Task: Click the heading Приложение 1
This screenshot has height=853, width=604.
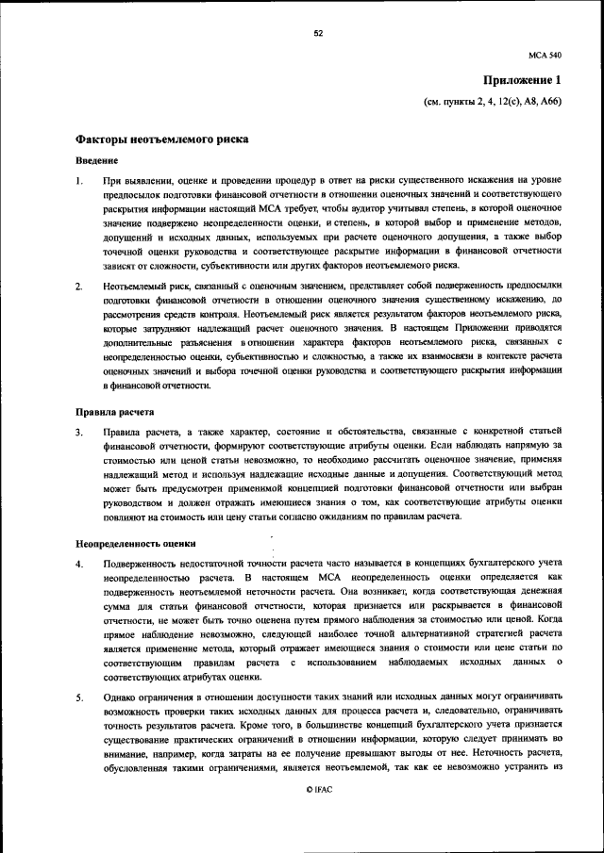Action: pyautogui.click(x=522, y=80)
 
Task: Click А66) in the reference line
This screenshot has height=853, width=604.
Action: pyautogui.click(x=548, y=101)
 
